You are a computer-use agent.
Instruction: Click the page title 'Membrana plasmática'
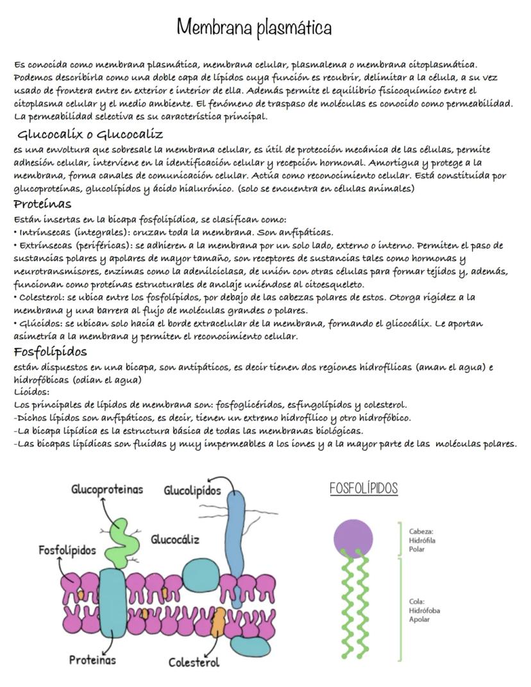pos(254,28)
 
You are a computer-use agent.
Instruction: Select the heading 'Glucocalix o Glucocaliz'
pos(90,135)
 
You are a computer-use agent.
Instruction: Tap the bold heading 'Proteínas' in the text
pos(42,204)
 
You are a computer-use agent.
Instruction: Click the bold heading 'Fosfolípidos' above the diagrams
pos(50,352)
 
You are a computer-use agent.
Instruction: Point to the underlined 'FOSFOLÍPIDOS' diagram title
pos(364,489)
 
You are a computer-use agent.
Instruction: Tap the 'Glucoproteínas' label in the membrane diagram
pos(107,489)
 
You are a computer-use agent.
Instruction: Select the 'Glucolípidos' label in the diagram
pos(192,491)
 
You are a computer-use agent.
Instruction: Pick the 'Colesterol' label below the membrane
pos(194,662)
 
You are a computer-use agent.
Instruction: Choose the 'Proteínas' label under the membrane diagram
pos(93,659)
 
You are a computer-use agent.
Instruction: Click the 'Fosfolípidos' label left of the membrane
pos(67,550)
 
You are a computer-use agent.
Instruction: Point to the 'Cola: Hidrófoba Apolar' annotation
pos(424,610)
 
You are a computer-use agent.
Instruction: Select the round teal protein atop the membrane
pos(201,573)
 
